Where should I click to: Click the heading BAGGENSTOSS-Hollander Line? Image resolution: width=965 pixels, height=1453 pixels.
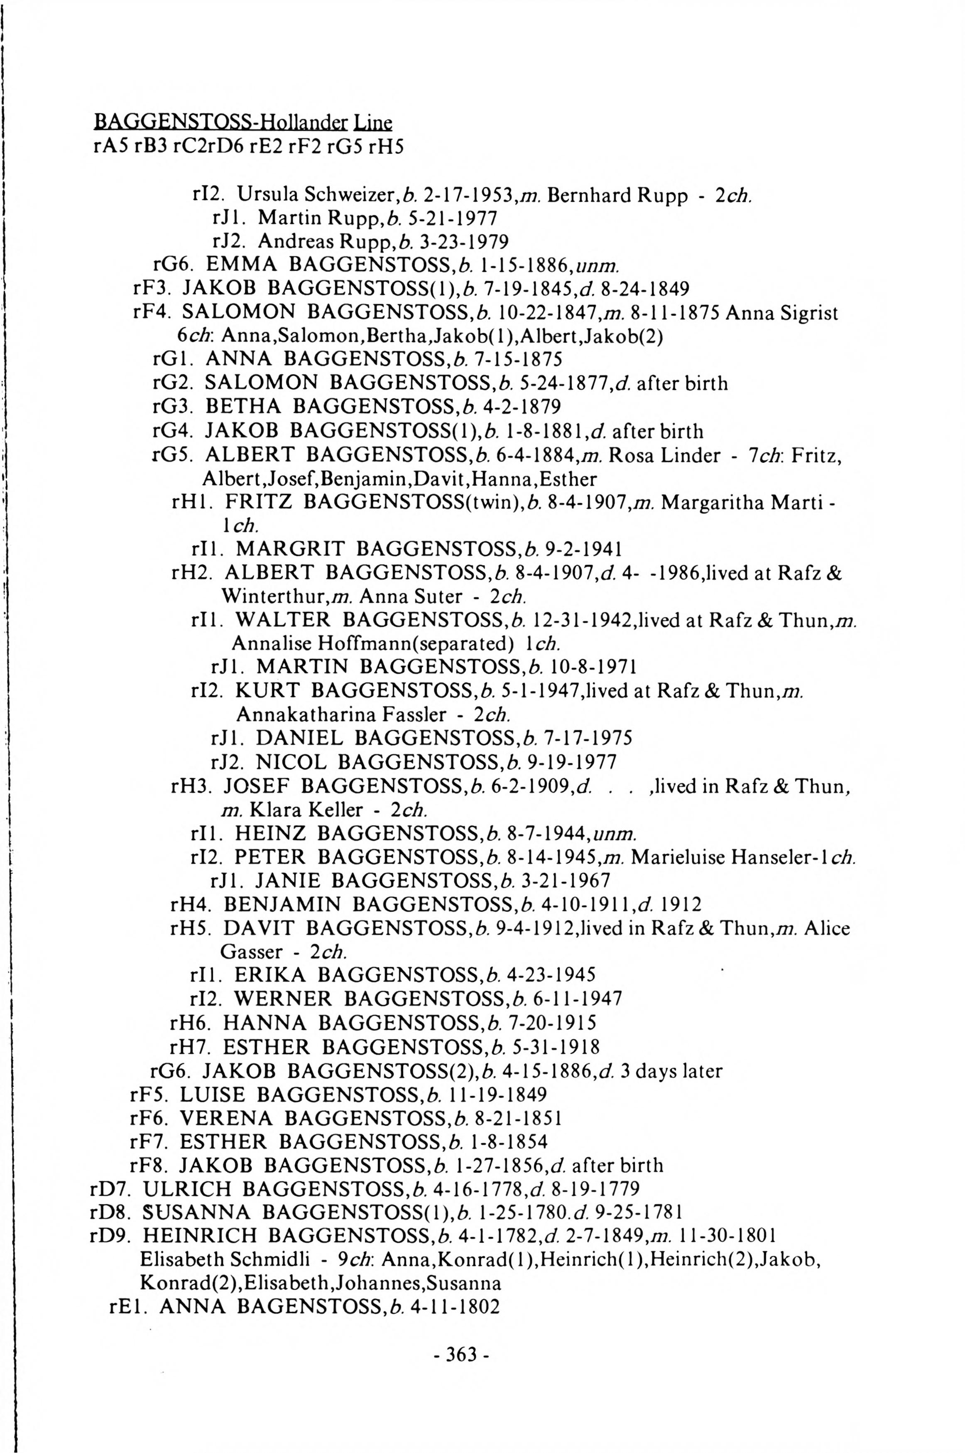pyautogui.click(x=242, y=123)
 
